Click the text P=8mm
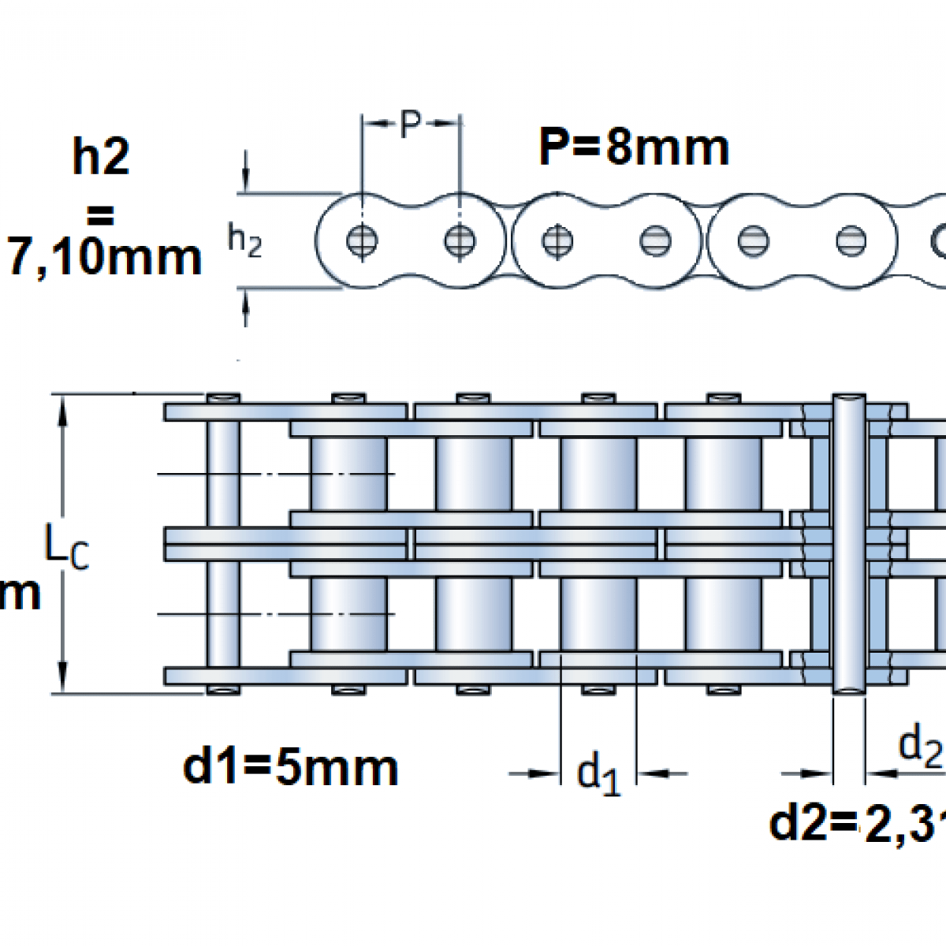[x=634, y=147]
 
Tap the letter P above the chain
[x=410, y=125]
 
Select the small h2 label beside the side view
[x=244, y=240]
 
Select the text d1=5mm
[x=290, y=767]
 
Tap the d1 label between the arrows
[x=598, y=773]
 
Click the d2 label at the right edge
[x=921, y=745]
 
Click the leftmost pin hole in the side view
[x=362, y=240]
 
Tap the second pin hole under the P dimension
[x=460, y=240]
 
